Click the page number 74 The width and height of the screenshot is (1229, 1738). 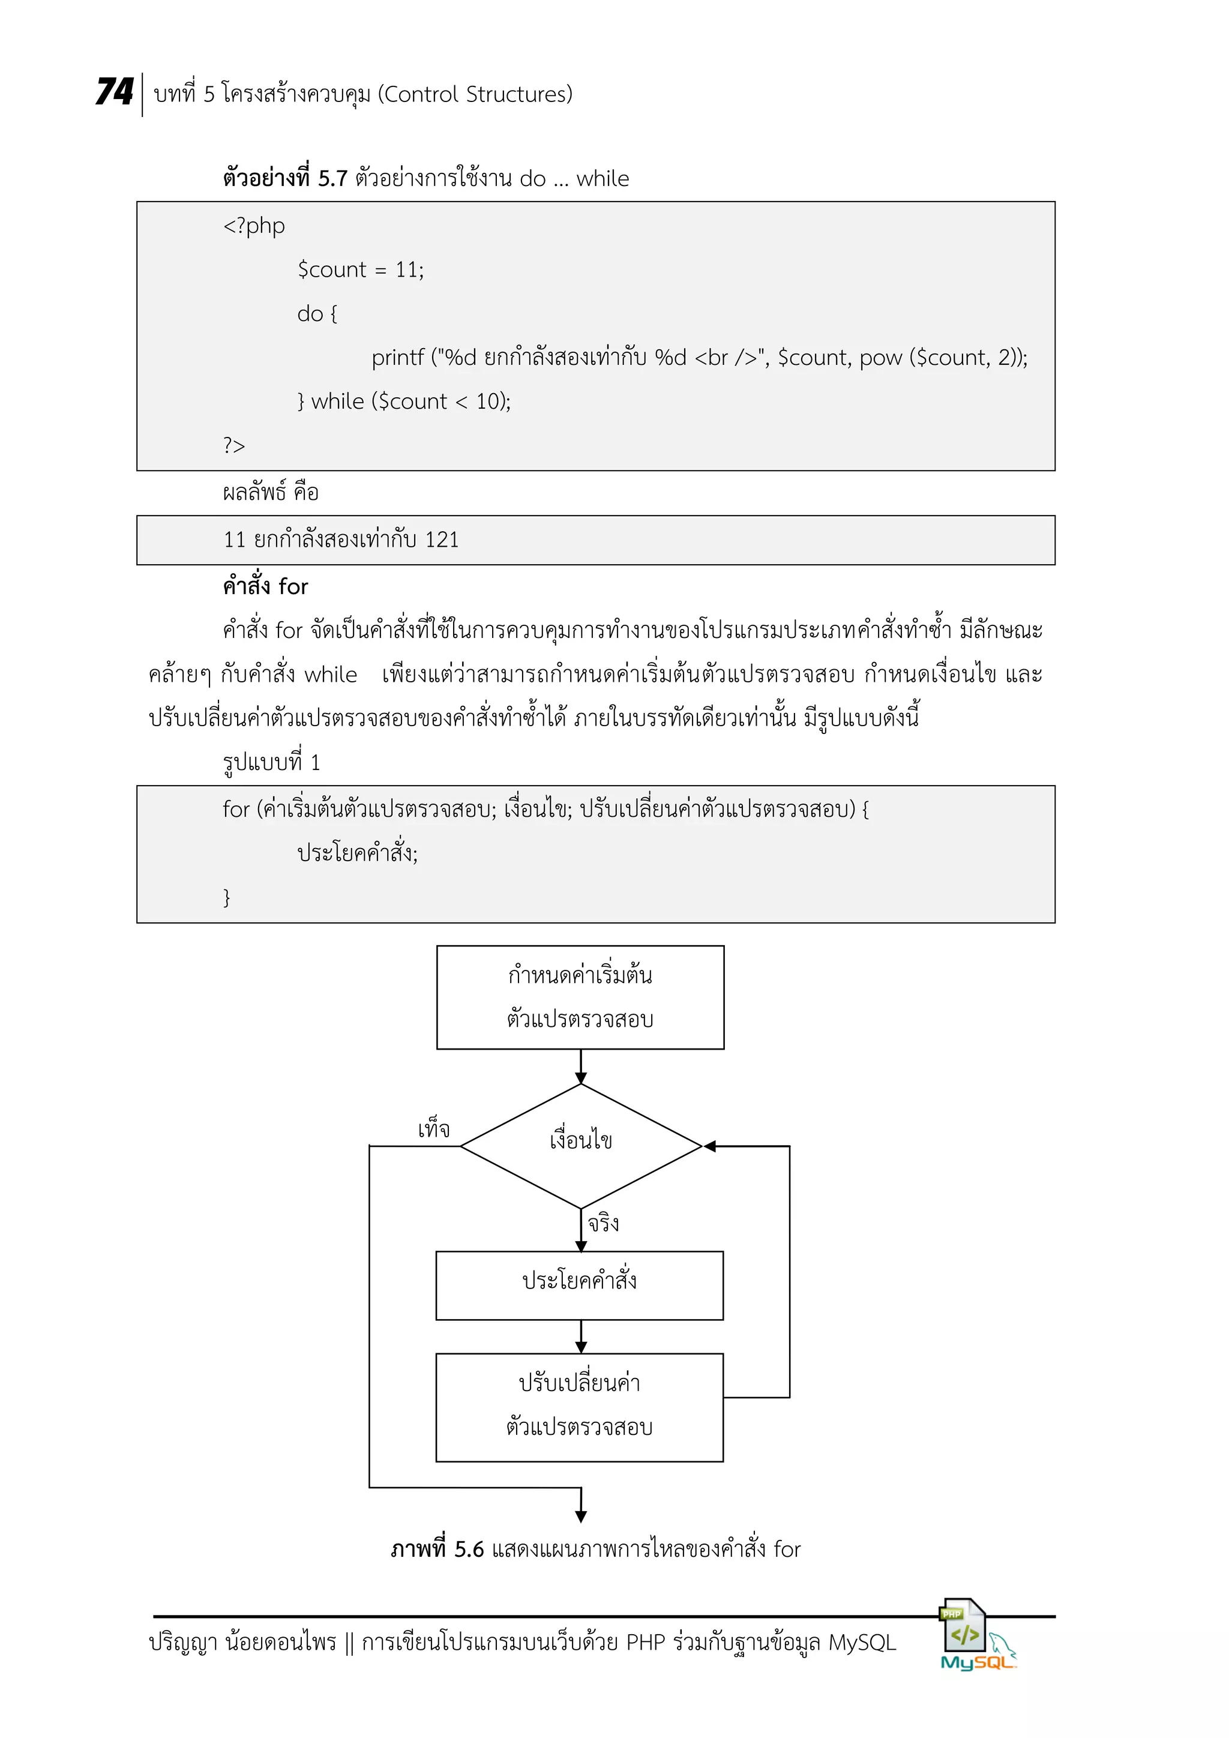click(x=114, y=92)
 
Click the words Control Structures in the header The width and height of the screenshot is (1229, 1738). click(x=475, y=95)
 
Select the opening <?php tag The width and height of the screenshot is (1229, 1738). click(x=253, y=226)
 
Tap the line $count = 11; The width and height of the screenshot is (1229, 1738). click(x=360, y=270)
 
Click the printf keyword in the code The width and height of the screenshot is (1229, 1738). click(x=397, y=357)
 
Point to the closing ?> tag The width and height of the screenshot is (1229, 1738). click(x=234, y=446)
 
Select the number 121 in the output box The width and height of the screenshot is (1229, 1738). click(x=441, y=540)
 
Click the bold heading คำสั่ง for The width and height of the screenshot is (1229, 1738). click(x=265, y=587)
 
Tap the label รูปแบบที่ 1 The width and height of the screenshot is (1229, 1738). click(x=271, y=762)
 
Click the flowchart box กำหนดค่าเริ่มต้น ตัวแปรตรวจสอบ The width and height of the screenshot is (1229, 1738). click(x=580, y=997)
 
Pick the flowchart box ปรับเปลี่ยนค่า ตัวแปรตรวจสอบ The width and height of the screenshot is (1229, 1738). click(x=580, y=1407)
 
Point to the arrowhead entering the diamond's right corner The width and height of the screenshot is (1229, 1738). click(x=710, y=1146)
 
